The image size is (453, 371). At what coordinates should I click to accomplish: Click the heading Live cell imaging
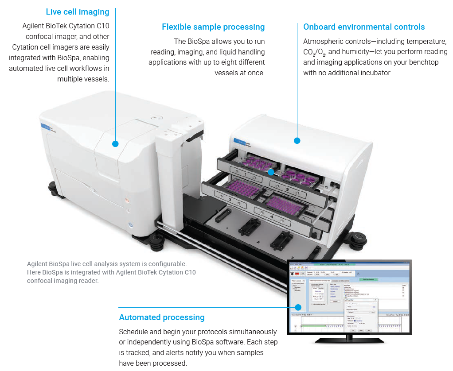(78, 12)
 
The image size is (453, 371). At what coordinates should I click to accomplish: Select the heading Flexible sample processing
(213, 27)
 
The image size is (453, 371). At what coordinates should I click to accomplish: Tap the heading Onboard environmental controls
(364, 27)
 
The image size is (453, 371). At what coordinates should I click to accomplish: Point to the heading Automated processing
(162, 317)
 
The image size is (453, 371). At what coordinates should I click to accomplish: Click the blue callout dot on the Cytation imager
(116, 143)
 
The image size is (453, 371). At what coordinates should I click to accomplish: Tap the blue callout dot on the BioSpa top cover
(297, 141)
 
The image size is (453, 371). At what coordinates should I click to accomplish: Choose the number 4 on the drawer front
(271, 217)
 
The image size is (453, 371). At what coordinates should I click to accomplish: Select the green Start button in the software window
(369, 279)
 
